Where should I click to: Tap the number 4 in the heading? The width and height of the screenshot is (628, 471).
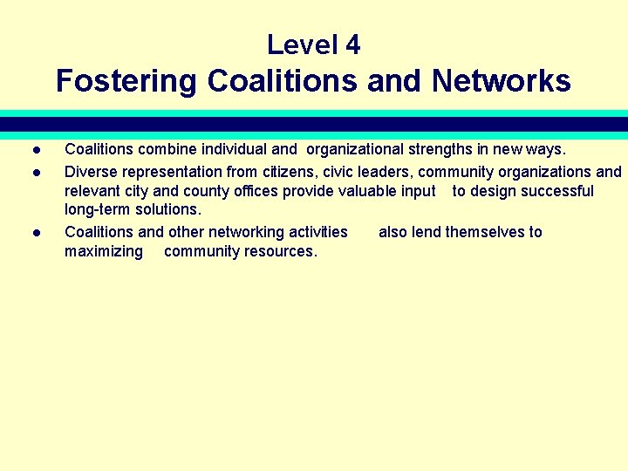pos(352,44)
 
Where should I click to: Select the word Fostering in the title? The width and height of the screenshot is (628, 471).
pos(127,81)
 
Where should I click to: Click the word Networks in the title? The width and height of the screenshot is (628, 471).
pos(501,81)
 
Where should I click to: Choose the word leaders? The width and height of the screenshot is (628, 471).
pos(380,172)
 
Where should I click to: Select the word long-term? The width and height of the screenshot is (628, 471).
pos(98,210)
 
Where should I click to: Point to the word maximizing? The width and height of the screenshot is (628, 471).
pos(104,251)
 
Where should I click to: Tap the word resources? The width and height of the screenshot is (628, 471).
pos(282,251)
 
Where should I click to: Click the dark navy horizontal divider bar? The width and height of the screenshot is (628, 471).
pos(314,124)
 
